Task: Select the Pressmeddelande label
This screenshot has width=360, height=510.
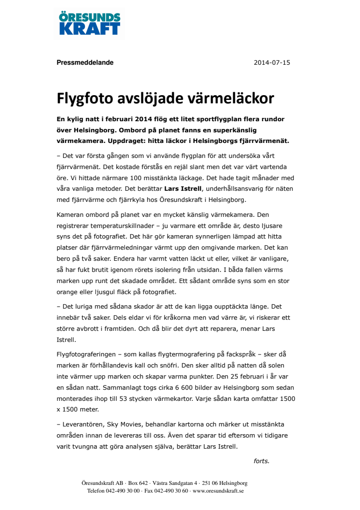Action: point(85,62)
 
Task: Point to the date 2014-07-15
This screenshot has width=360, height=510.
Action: point(272,62)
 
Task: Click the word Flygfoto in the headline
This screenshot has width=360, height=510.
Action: point(84,98)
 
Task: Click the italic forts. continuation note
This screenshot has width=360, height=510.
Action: point(261,461)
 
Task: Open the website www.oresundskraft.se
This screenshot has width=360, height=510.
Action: point(218,491)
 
